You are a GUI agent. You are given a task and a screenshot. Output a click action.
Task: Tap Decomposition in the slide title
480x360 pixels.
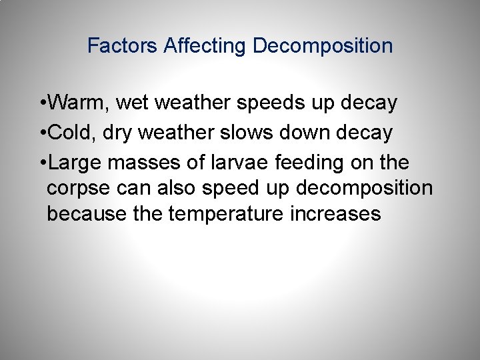[323, 46]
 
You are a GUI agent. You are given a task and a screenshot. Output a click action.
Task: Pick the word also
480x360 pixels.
[177, 187]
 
